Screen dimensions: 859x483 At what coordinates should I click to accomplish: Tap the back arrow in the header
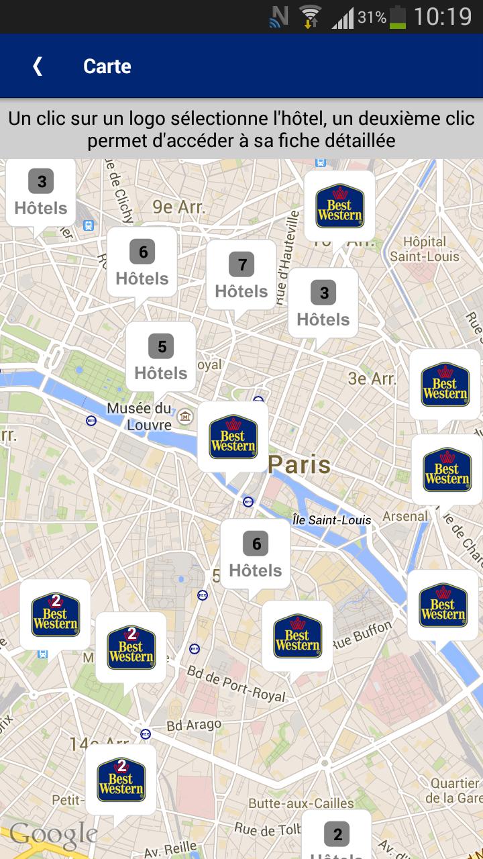click(x=38, y=66)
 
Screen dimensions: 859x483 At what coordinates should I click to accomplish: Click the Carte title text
click(x=107, y=66)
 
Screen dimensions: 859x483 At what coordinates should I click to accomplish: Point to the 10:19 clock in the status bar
click(x=443, y=16)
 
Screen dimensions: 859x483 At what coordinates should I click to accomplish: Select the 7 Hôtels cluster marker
click(x=241, y=275)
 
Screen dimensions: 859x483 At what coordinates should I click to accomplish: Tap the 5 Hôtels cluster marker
click(x=161, y=357)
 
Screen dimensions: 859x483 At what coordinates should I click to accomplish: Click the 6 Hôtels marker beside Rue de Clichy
click(x=142, y=262)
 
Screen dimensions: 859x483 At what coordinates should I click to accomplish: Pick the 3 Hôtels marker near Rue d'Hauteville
click(x=323, y=303)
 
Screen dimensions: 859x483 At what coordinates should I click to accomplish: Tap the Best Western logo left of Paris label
click(x=233, y=437)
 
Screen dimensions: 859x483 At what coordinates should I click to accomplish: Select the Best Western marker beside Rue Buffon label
click(x=297, y=636)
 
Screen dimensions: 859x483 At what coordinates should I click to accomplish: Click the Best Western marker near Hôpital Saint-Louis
click(x=339, y=206)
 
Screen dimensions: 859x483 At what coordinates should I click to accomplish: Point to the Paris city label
click(x=299, y=464)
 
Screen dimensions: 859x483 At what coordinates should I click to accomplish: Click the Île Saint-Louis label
click(x=332, y=520)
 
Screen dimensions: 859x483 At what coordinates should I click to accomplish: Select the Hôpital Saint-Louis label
click(x=425, y=249)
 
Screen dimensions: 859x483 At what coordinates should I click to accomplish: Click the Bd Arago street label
click(x=193, y=725)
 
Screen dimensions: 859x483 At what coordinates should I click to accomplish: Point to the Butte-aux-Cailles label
click(x=301, y=803)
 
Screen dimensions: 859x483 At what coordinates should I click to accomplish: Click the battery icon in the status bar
click(x=398, y=17)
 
